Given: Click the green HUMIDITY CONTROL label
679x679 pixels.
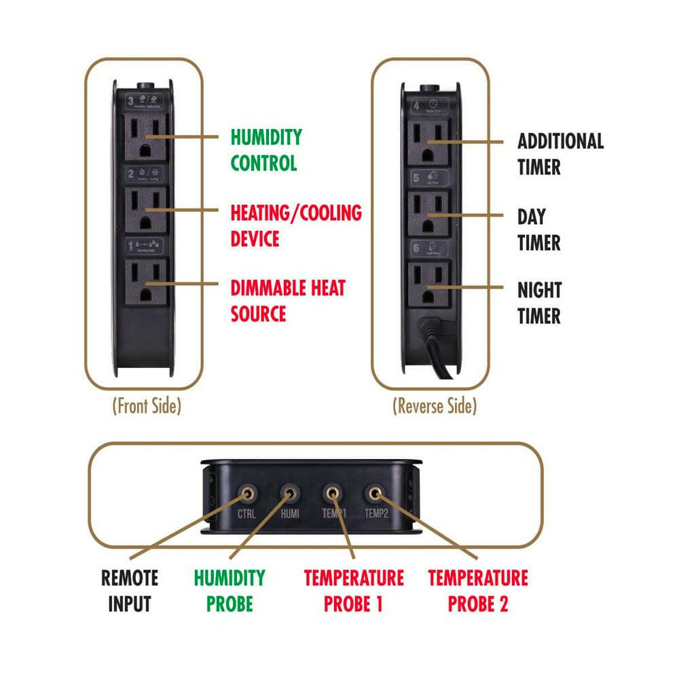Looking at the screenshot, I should point(264,150).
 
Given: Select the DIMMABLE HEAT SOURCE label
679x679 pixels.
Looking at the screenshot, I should point(288,301).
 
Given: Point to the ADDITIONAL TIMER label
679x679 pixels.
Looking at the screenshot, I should point(560,154).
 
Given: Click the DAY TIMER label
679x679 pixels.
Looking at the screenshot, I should point(539,230).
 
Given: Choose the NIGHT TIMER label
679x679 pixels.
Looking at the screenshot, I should point(539,303).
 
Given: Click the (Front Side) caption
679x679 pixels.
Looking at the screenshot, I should point(147,406).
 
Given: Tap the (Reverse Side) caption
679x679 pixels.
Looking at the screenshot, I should point(435,406).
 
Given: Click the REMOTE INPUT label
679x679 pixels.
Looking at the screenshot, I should point(130,591).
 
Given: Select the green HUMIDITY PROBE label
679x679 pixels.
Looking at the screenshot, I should point(230,591).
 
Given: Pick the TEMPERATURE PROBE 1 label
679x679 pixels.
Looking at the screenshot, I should point(354,591).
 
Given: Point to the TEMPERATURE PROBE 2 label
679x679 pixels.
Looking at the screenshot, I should point(478,591).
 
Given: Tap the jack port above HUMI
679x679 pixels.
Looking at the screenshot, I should point(290,492).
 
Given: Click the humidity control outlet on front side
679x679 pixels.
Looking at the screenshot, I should point(145,136).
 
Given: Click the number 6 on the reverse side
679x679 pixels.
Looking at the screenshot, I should point(417,249).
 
